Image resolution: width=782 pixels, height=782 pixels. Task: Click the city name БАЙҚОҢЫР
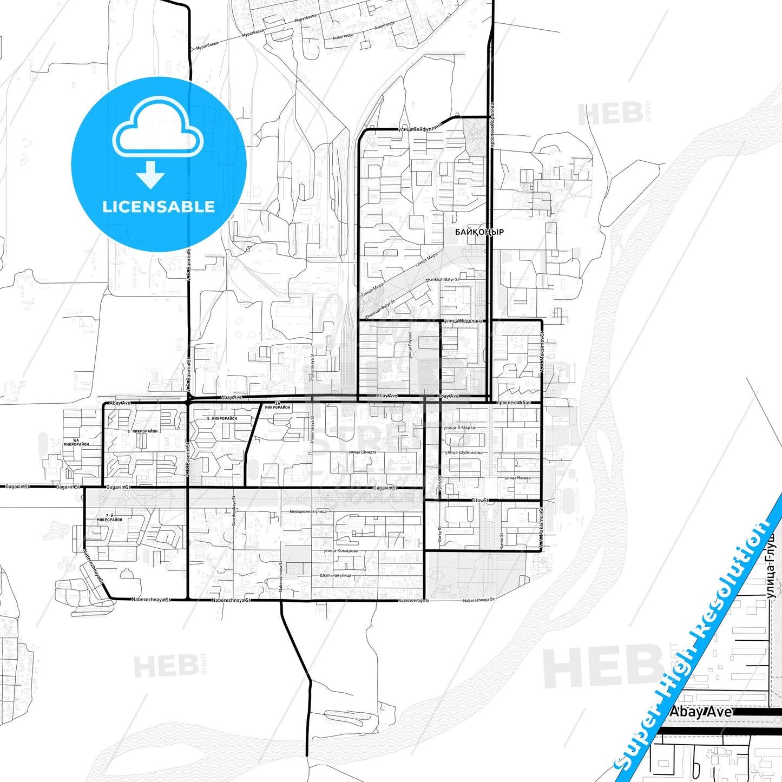(x=479, y=232)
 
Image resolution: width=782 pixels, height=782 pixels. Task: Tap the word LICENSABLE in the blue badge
(x=159, y=207)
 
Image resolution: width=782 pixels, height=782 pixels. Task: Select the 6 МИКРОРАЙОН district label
(x=142, y=431)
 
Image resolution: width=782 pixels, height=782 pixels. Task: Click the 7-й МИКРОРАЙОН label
(x=110, y=517)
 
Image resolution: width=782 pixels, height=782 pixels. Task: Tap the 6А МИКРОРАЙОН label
(x=76, y=442)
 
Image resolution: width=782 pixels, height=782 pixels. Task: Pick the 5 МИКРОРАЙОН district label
(x=222, y=419)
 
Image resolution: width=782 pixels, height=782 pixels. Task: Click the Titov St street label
(x=479, y=501)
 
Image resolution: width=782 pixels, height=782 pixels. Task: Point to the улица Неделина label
(x=463, y=321)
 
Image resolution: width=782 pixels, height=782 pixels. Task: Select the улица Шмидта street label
(x=362, y=452)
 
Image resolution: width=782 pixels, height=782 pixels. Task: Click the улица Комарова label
(x=341, y=551)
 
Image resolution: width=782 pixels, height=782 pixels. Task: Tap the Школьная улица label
(x=335, y=575)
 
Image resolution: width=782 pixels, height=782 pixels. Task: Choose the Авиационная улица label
(x=308, y=511)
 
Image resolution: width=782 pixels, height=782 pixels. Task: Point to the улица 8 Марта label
(x=459, y=428)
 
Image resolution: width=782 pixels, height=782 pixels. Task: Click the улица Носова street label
(x=517, y=478)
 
